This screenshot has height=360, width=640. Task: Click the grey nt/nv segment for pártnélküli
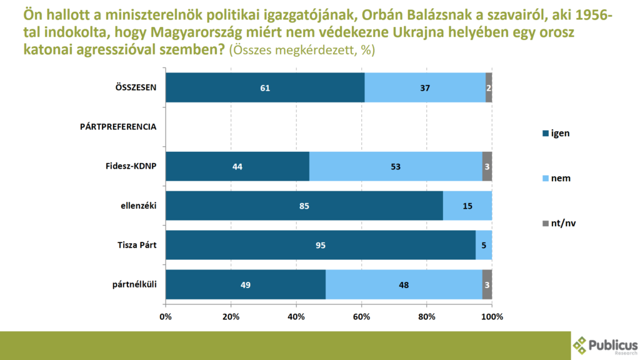487,284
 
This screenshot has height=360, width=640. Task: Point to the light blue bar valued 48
404,284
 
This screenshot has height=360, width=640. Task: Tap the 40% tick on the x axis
296,316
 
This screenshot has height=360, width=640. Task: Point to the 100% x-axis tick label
491,316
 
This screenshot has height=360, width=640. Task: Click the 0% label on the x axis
166,316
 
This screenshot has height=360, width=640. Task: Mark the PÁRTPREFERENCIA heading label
118,127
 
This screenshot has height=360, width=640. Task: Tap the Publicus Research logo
605,346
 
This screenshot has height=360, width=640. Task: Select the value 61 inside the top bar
265,87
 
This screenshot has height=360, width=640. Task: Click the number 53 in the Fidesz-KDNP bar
395,166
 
